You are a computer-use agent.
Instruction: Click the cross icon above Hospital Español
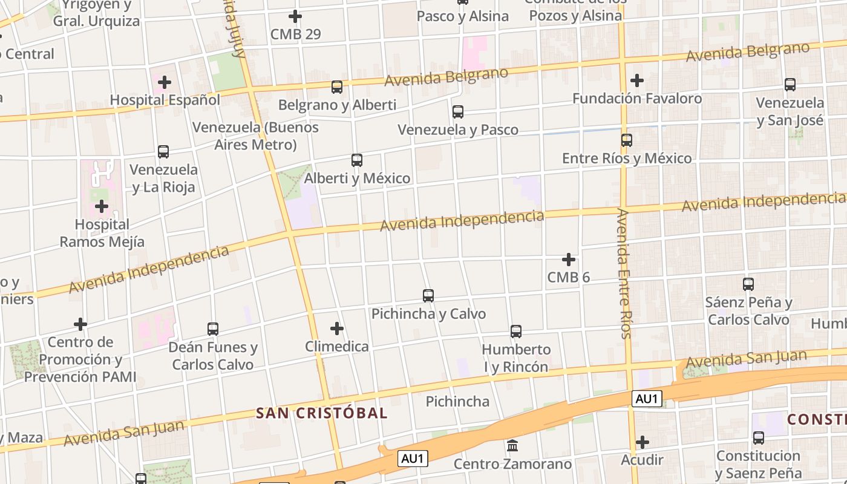point(165,82)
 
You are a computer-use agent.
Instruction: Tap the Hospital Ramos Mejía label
point(102,234)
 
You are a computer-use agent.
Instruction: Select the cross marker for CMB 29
point(295,16)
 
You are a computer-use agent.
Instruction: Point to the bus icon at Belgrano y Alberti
point(337,87)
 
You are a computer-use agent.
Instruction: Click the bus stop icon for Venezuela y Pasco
point(458,112)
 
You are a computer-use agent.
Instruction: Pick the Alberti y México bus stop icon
point(357,160)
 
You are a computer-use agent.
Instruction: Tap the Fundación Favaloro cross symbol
point(637,80)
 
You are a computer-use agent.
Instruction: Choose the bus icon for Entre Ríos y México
point(627,140)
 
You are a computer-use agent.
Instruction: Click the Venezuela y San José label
point(790,111)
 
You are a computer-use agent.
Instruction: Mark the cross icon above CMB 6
point(569,260)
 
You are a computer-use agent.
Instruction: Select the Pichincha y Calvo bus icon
point(428,296)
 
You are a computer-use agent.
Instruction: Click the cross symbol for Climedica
point(337,329)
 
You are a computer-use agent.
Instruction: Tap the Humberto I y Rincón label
point(516,358)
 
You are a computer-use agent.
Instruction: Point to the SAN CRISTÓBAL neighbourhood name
point(322,413)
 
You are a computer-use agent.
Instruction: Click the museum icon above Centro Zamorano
point(512,446)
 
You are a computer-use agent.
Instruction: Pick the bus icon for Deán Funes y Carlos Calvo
point(213,329)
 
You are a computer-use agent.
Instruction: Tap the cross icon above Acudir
point(643,442)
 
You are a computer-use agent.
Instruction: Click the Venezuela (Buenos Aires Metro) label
point(255,136)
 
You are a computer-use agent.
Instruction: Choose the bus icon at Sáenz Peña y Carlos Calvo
point(748,284)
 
